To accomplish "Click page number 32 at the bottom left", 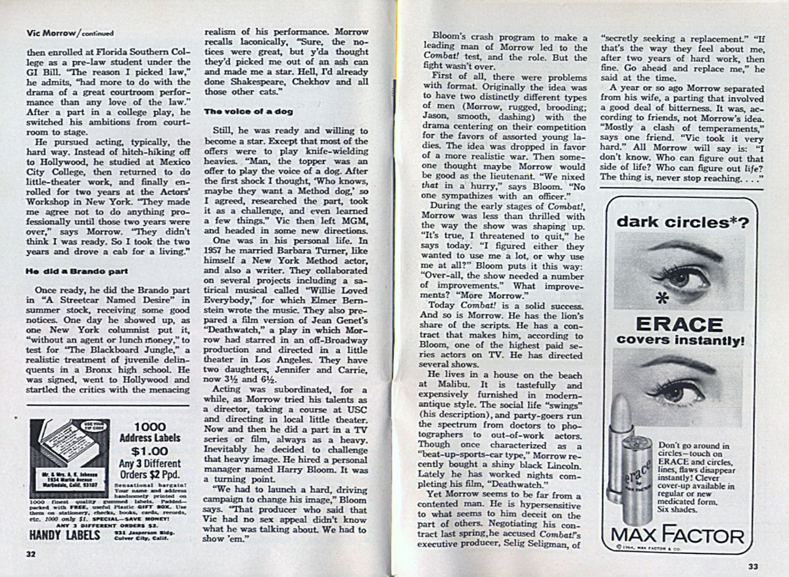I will pos(30,553).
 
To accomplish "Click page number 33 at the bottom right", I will pos(754,566).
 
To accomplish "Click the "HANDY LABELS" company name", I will pos(60,535).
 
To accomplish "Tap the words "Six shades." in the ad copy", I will pos(677,509).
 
